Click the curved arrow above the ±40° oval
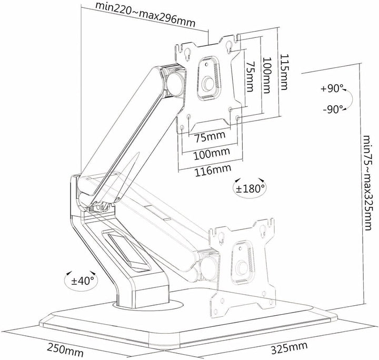(x=68, y=274)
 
